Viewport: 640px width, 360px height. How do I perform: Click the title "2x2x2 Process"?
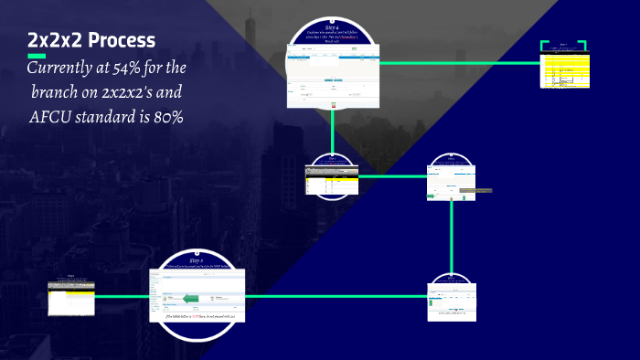point(91,41)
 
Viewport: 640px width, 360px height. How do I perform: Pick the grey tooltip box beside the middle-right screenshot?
point(475,191)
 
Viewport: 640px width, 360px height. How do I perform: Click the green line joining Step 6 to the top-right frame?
point(457,63)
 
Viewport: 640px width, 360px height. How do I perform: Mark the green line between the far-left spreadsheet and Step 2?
point(123,297)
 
